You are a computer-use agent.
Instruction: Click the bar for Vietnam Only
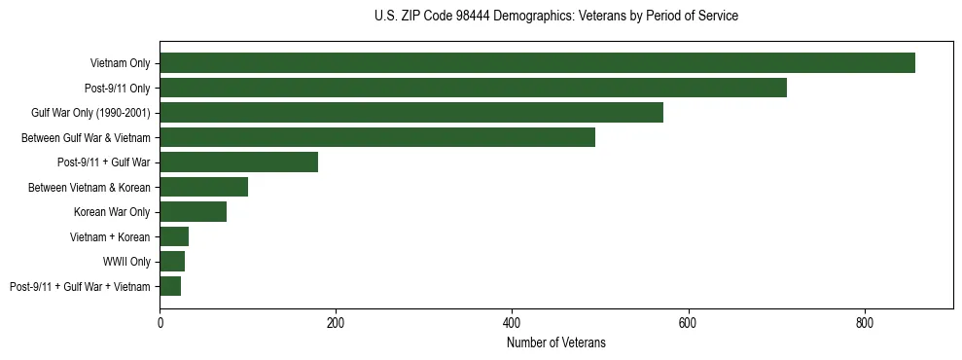(537, 63)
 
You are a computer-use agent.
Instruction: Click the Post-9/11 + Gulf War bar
(239, 162)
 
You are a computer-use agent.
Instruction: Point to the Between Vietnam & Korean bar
(204, 187)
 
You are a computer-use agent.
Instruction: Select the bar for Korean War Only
(194, 212)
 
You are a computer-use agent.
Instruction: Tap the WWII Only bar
(172, 262)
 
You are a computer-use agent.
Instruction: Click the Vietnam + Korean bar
(174, 236)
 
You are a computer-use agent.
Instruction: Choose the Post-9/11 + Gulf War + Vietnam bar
(170, 286)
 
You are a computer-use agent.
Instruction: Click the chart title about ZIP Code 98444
(555, 17)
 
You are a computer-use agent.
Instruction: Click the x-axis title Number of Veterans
(555, 342)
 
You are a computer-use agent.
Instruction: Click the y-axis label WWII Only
(126, 262)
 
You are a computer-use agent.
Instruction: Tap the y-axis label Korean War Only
(112, 212)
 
